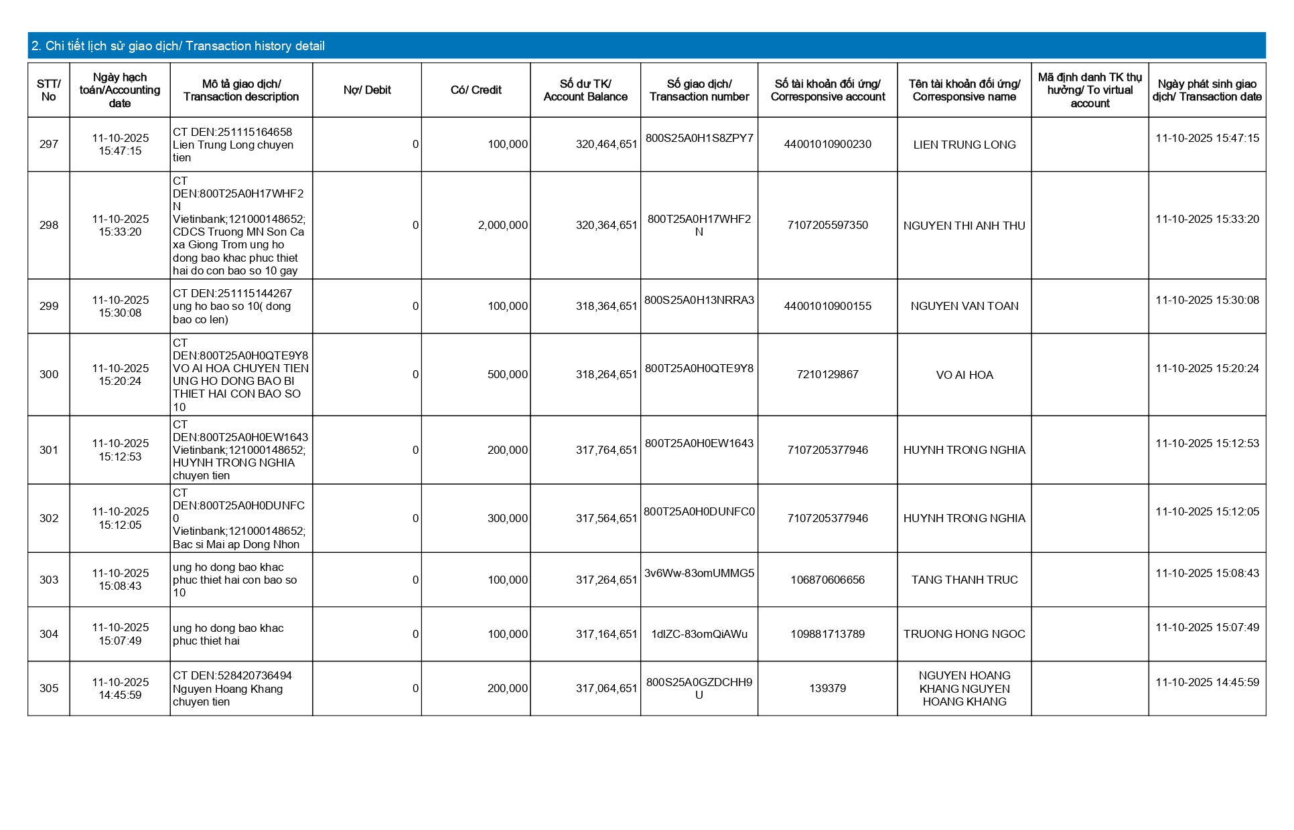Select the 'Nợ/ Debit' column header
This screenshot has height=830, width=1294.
(367, 90)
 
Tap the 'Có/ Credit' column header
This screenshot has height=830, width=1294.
(476, 90)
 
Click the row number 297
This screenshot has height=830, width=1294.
(49, 145)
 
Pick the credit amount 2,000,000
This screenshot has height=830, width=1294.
(502, 226)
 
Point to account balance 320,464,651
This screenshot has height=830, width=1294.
(606, 145)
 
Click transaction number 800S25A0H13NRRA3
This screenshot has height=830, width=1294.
(699, 301)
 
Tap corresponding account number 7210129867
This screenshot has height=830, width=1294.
(827, 375)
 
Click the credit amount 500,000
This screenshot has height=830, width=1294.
(507, 375)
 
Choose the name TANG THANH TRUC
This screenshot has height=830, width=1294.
(964, 580)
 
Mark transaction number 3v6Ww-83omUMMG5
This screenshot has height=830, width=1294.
(699, 574)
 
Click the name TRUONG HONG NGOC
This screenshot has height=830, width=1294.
(964, 635)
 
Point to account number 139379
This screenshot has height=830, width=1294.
(827, 689)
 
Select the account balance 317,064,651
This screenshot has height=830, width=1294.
(606, 689)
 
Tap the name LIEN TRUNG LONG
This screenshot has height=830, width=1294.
(964, 145)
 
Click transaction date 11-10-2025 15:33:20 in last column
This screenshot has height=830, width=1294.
(1207, 220)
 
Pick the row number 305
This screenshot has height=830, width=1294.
(49, 689)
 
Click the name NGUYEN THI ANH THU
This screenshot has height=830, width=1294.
(964, 226)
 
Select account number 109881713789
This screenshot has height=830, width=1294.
(827, 635)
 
